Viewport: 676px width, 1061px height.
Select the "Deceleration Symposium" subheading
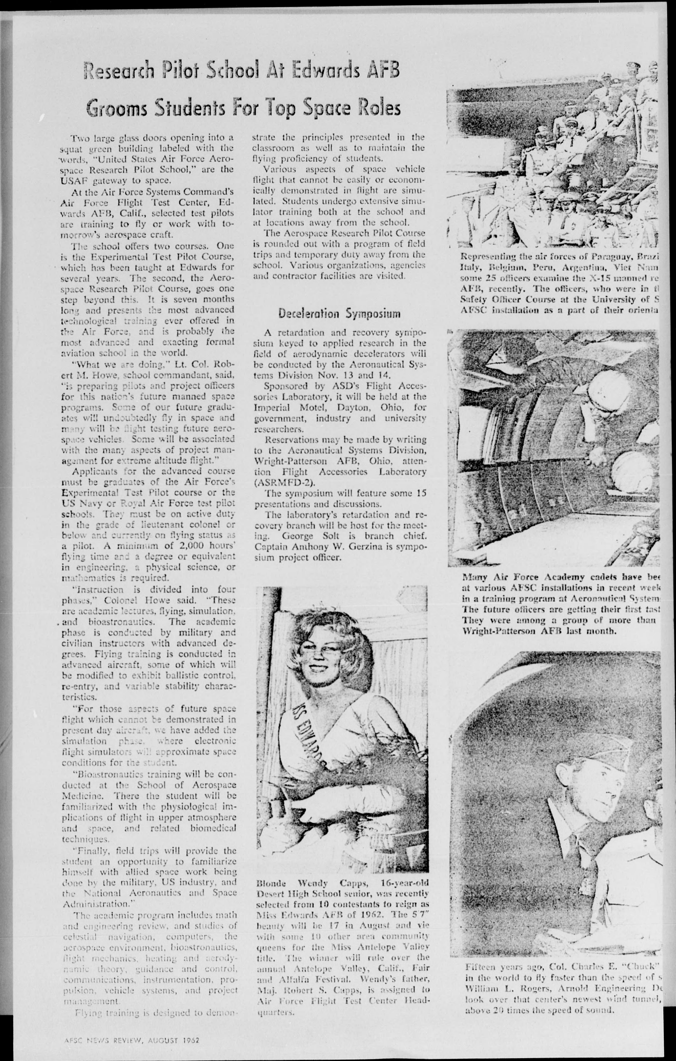339,314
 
